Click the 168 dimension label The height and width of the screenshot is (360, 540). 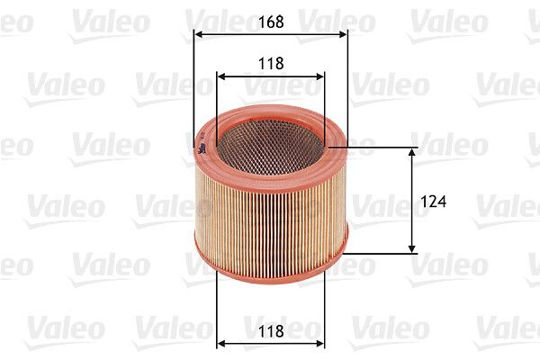click(271, 22)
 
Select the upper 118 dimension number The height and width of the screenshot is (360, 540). click(271, 63)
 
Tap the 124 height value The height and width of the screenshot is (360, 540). click(433, 202)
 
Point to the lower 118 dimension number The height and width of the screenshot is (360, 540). click(271, 331)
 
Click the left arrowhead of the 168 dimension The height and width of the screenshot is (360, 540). click(199, 34)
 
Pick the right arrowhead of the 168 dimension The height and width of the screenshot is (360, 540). click(343, 34)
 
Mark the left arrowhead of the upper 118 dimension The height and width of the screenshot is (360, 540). click(221, 76)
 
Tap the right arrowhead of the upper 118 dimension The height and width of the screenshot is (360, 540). click(319, 76)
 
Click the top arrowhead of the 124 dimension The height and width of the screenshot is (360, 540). click(411, 153)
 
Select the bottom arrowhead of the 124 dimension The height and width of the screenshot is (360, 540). click(411, 248)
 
